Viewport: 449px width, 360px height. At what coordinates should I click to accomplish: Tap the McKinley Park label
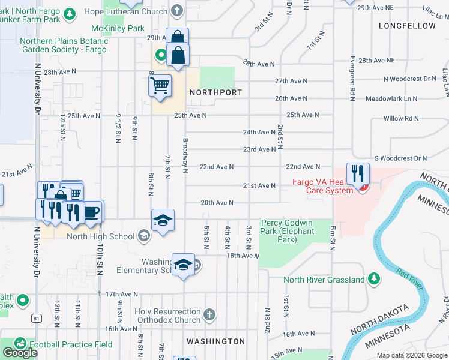click(x=118, y=28)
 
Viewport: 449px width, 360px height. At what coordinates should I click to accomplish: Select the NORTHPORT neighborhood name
click(x=215, y=93)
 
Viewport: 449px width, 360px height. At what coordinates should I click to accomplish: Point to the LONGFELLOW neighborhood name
click(x=407, y=26)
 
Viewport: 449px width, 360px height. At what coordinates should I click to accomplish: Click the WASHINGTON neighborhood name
click(x=215, y=341)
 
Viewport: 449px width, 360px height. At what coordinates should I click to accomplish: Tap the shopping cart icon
click(x=160, y=86)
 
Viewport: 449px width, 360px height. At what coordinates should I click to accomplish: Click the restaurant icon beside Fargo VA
click(x=358, y=174)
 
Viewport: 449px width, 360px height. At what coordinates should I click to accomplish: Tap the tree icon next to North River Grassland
click(x=374, y=278)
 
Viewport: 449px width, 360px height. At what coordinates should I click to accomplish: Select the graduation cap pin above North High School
click(x=163, y=220)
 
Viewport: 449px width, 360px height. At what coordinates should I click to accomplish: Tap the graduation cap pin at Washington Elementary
click(x=183, y=265)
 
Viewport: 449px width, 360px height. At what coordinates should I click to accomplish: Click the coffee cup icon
click(x=92, y=212)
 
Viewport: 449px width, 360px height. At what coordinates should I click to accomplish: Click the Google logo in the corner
click(x=20, y=353)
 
